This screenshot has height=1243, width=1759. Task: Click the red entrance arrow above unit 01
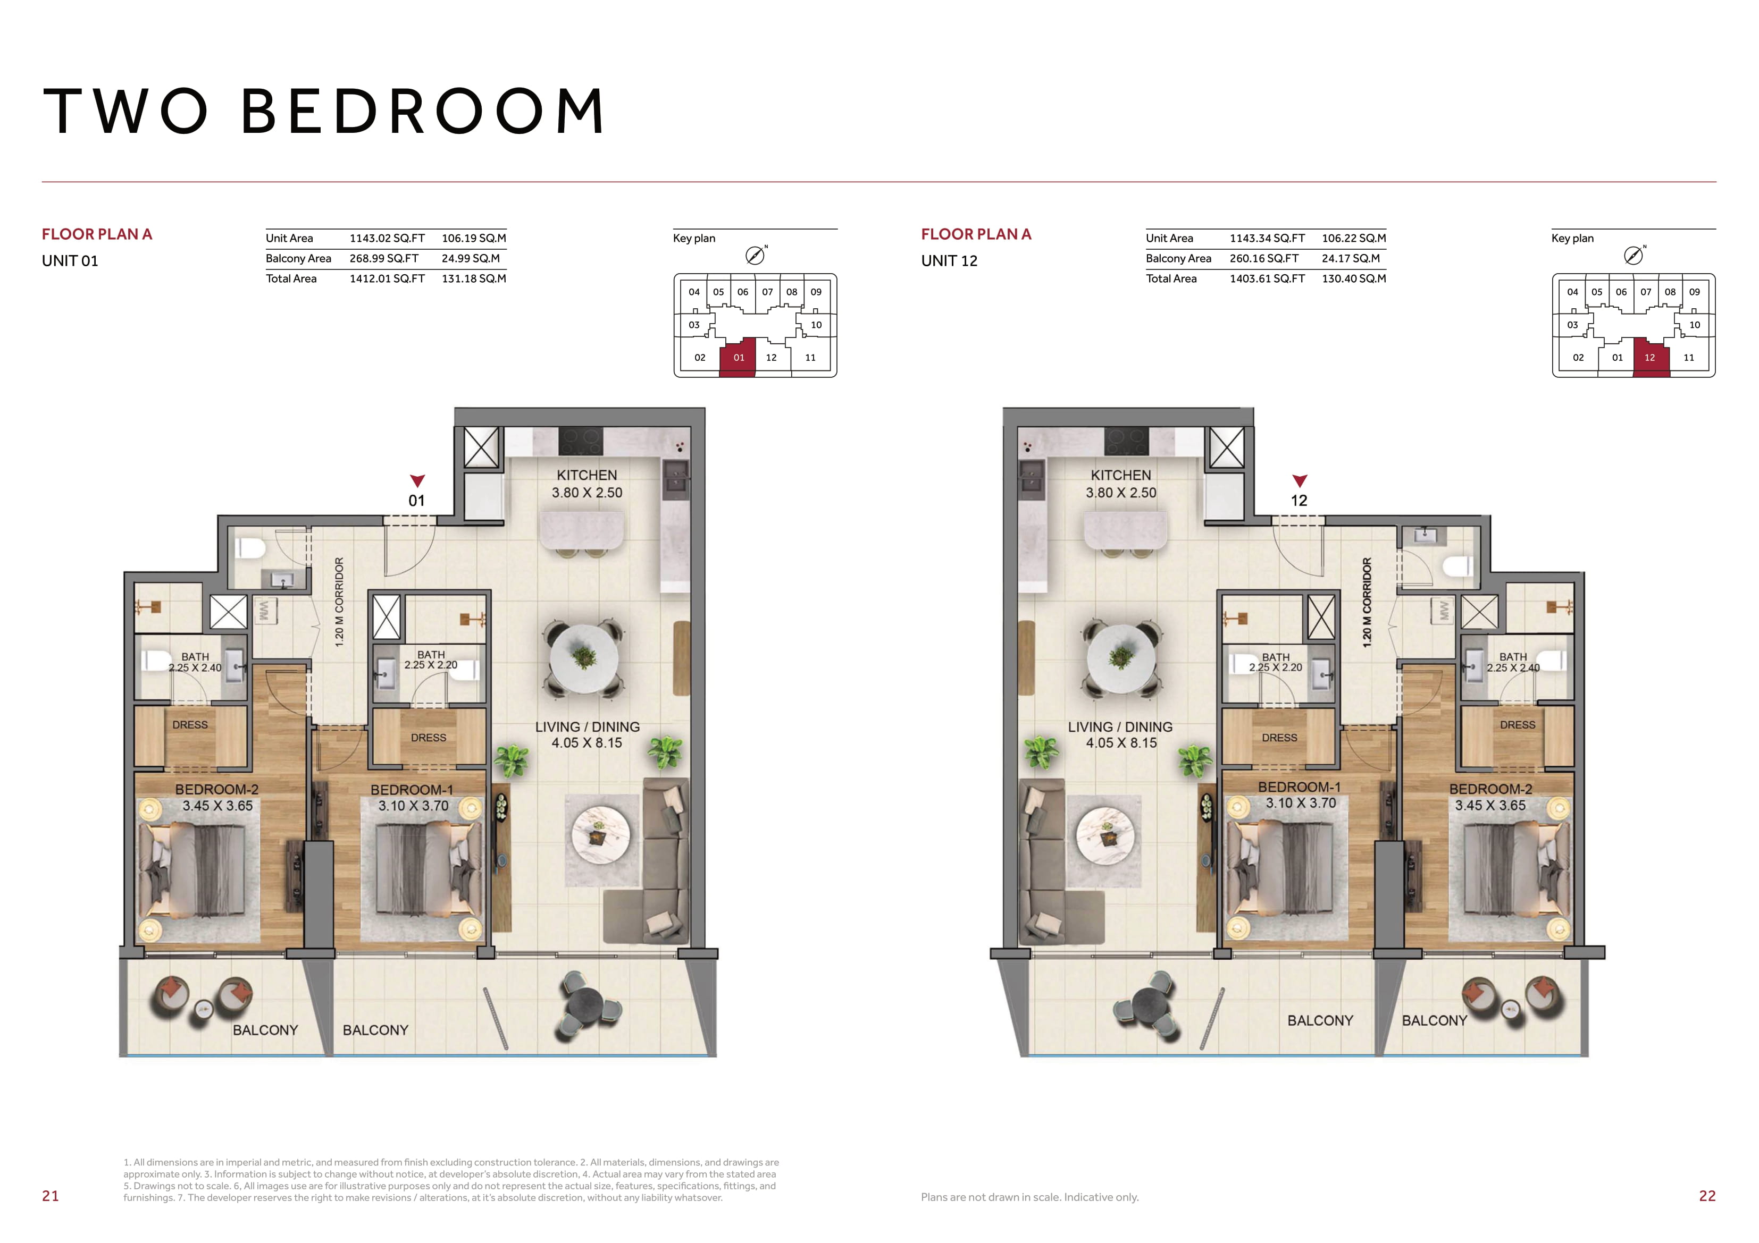pyautogui.click(x=417, y=481)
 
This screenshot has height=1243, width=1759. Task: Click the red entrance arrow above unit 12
pyautogui.click(x=1300, y=481)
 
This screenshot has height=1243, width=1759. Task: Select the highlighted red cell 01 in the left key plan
pyautogui.click(x=738, y=358)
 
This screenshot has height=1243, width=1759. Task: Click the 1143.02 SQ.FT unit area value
pyautogui.click(x=387, y=238)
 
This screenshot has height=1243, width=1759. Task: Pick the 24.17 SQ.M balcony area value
pyautogui.click(x=1351, y=259)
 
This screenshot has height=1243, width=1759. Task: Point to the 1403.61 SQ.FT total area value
pyautogui.click(x=1267, y=279)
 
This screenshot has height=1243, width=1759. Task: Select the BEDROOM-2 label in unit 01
pyautogui.click(x=217, y=790)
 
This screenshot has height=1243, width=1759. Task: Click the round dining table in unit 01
pyautogui.click(x=584, y=658)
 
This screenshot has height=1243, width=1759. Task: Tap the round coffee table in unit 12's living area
pyautogui.click(x=1105, y=839)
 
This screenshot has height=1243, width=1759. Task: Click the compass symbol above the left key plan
pyautogui.click(x=756, y=255)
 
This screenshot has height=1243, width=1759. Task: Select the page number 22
pyautogui.click(x=1707, y=1196)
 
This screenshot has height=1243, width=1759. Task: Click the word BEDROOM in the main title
pyautogui.click(x=424, y=111)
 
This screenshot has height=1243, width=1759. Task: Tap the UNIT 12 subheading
pyautogui.click(x=949, y=261)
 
